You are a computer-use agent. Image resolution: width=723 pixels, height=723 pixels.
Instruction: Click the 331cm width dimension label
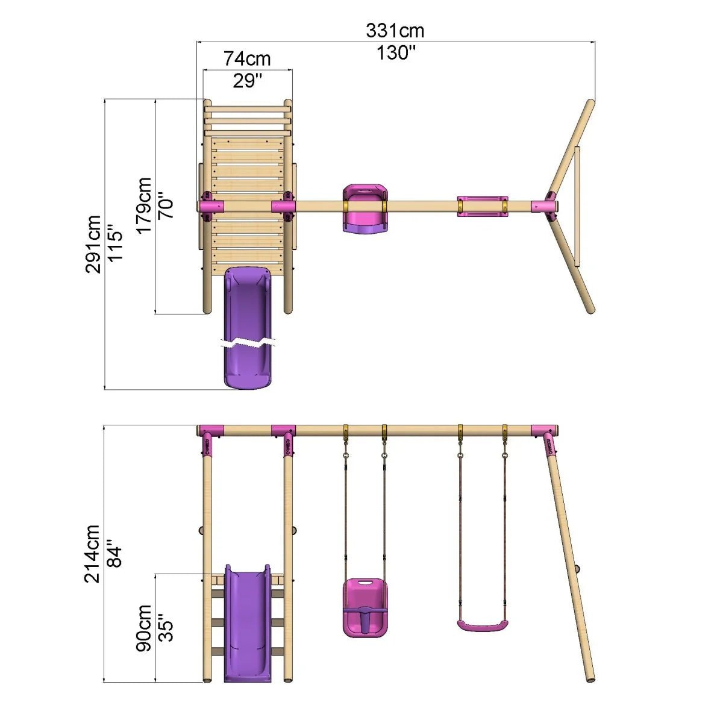pyautogui.click(x=395, y=31)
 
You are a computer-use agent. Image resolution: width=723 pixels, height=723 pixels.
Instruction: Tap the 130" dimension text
pyautogui.click(x=396, y=52)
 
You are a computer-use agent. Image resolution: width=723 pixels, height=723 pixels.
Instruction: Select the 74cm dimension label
pyautogui.click(x=247, y=59)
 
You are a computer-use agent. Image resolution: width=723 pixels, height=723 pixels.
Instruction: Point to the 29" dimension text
pyautogui.click(x=247, y=80)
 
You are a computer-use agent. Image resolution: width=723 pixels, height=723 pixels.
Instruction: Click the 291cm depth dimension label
pyautogui.click(x=93, y=245)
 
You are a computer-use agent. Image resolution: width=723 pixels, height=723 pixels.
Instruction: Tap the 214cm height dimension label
pyautogui.click(x=92, y=554)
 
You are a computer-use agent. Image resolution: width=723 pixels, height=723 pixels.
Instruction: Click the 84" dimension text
pyautogui.click(x=114, y=554)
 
